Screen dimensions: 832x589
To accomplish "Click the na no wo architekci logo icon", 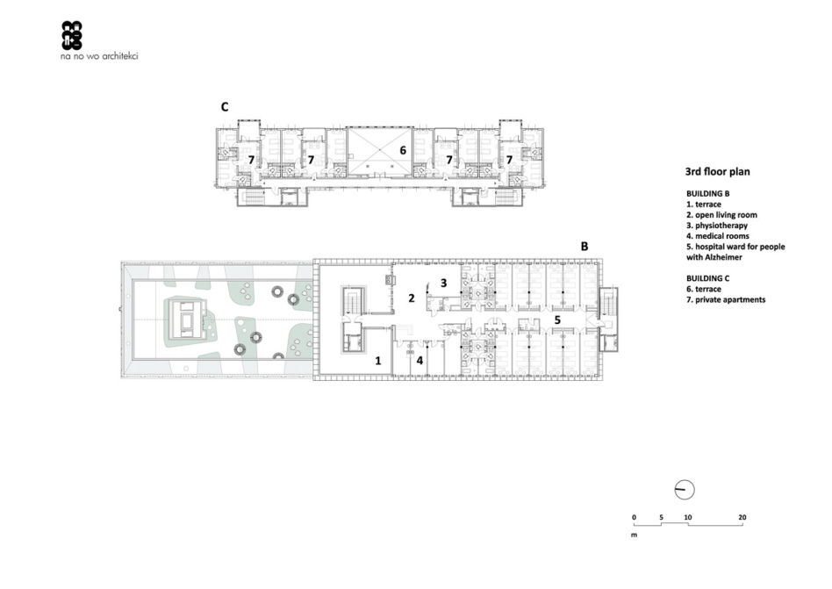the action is [72, 35].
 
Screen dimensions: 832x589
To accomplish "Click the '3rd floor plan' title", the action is [717, 172].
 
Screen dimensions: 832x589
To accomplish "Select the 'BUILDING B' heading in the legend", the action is [708, 194].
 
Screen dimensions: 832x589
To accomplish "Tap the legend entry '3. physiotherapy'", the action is [717, 226].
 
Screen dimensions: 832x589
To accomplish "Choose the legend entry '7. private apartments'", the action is [726, 300].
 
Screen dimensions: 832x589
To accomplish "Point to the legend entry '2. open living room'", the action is [721, 215].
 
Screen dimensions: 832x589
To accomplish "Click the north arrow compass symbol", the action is [685, 491].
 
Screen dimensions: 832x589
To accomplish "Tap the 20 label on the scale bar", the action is [742, 517].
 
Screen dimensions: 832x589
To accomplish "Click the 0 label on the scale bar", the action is [634, 517].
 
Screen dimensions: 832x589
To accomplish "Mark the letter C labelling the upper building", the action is [225, 107].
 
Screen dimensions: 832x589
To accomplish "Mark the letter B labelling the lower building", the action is [585, 247].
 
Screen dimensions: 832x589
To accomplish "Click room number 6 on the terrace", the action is [403, 151].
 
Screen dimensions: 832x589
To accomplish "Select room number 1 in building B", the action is [377, 362].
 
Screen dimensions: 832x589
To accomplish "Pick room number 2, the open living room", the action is [412, 298].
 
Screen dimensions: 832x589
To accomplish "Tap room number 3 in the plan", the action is [443, 284].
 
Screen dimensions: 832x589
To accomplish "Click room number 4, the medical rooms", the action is [420, 361].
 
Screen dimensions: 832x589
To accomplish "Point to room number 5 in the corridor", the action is [557, 320].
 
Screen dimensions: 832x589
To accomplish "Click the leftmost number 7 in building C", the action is [252, 160].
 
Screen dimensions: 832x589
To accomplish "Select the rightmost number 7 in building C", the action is [509, 160].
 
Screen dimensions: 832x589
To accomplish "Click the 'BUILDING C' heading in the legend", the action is [708, 278].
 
